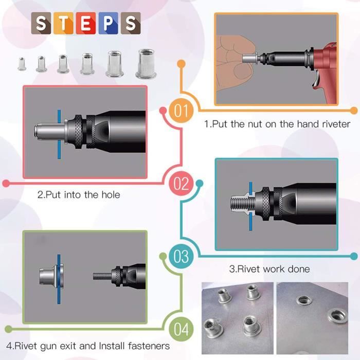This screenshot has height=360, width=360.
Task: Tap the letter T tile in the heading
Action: click(65, 24)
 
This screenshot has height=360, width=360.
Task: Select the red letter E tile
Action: click(86, 24)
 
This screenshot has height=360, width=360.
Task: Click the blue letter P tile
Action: click(108, 24)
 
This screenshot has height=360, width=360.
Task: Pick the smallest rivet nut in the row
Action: click(22, 64)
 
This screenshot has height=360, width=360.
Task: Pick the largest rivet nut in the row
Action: click(146, 63)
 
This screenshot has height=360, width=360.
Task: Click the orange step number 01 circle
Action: click(181, 111)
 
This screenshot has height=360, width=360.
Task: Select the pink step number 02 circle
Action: click(181, 183)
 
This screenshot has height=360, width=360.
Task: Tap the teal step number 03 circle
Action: click(181, 256)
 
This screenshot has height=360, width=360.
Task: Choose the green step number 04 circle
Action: click(181, 329)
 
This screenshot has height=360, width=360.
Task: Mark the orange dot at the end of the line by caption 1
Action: click(353, 111)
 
